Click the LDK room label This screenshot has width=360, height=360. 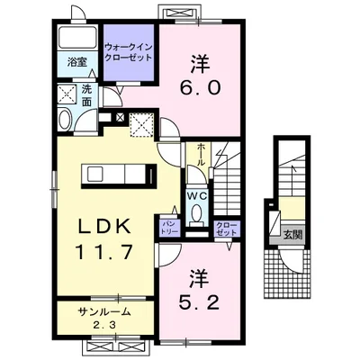coord(105,228)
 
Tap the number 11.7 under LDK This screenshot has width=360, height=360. coord(105,252)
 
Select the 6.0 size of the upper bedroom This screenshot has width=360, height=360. coord(201,87)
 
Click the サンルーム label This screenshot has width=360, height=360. coord(104,312)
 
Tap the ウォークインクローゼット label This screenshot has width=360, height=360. coord(129,52)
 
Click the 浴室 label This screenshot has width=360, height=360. coord(77,62)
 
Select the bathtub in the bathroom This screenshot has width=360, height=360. coord(77,37)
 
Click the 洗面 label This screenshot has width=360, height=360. coord(86,96)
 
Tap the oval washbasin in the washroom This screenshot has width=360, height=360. coord(65,120)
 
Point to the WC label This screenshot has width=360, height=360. coord(197,196)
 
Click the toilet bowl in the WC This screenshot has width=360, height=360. coord(197,212)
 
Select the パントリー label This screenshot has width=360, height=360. coord(171,228)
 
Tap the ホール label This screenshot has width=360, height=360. coord(201,155)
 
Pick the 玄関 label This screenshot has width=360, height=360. coord(292,235)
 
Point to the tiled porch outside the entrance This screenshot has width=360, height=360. coord(287,274)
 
